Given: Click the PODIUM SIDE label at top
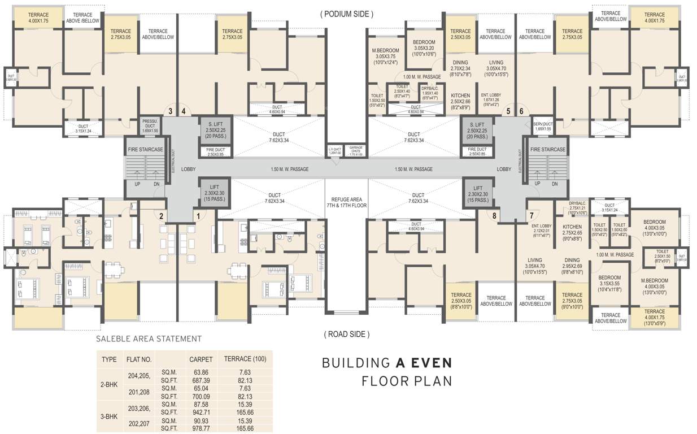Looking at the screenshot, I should [347, 14].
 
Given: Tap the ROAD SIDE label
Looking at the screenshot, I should [347, 335].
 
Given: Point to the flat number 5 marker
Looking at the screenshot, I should [508, 111].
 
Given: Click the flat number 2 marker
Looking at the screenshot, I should [161, 215].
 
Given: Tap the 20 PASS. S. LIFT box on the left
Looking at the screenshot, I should [213, 131].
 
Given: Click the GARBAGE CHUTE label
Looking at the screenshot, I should [356, 151].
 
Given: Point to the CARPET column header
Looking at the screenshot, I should [201, 359].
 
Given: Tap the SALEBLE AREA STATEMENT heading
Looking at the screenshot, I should [149, 339].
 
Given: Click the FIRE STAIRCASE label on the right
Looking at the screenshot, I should [547, 150].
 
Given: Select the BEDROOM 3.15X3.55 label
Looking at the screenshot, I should [610, 281].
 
